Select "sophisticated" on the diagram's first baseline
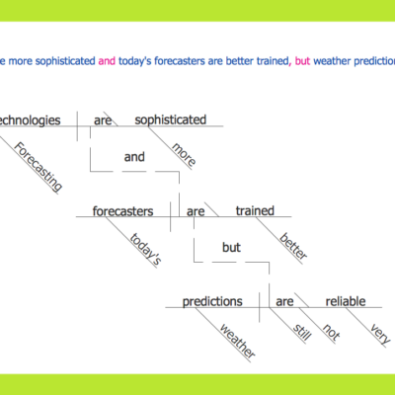click(x=170, y=119)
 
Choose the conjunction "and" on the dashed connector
click(x=135, y=156)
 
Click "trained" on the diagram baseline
click(x=254, y=210)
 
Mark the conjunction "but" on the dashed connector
click(x=231, y=248)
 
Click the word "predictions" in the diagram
click(x=212, y=301)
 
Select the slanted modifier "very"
click(x=376, y=333)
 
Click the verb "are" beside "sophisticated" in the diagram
click(x=103, y=120)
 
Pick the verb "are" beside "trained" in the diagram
click(x=196, y=210)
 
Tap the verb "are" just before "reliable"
click(x=284, y=301)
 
